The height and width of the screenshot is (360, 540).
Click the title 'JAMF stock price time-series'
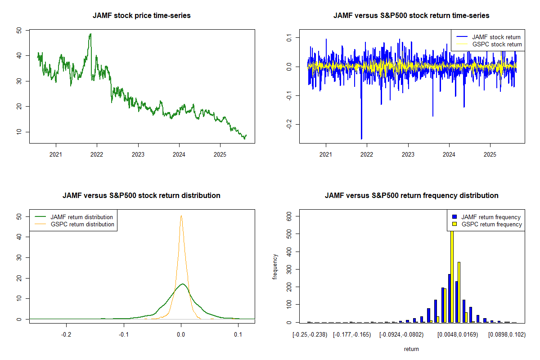pos(142,16)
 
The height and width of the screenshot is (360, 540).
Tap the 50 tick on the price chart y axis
pos(18,30)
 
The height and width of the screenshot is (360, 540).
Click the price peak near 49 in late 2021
pos(90,34)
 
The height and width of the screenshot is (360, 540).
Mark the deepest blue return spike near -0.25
pos(361,139)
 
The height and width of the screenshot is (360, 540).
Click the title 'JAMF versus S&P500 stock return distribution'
pos(142,196)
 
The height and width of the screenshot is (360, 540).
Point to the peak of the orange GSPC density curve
pos(181,216)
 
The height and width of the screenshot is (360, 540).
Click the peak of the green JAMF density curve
pos(182,284)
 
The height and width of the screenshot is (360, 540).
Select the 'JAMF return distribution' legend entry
pos(81,217)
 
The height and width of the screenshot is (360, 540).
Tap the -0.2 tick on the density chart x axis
pos(67,335)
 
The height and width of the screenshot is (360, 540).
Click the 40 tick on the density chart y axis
pos(18,237)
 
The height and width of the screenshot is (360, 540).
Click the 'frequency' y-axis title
pos(275,267)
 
